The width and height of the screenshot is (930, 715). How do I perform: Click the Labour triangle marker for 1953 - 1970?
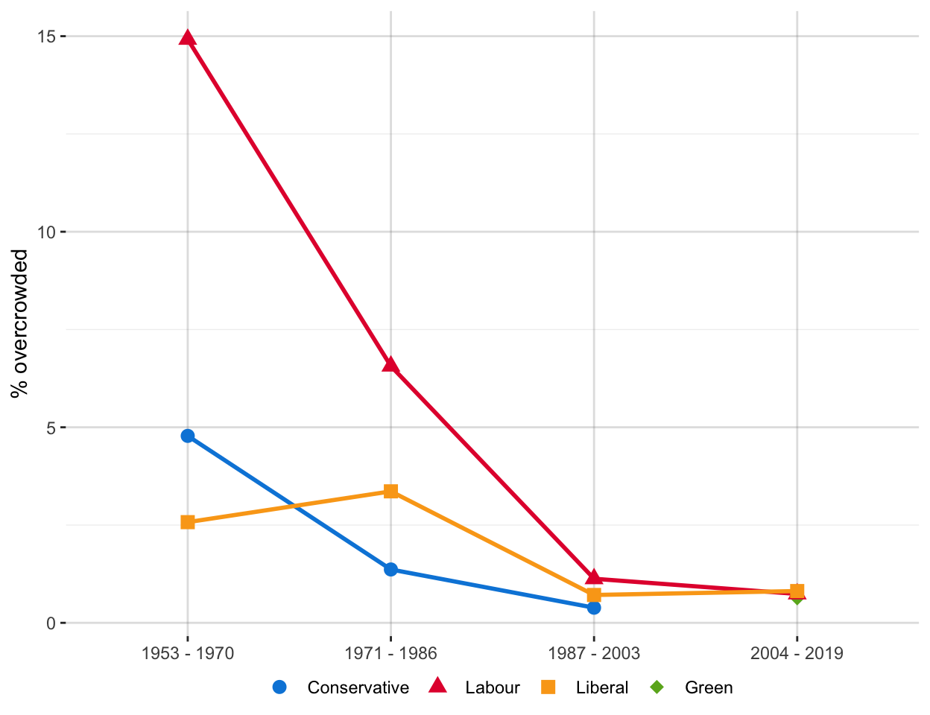pyautogui.click(x=188, y=38)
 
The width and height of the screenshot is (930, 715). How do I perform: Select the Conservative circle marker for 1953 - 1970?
pyautogui.click(x=188, y=436)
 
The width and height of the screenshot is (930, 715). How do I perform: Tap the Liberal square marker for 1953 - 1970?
pyautogui.click(x=188, y=522)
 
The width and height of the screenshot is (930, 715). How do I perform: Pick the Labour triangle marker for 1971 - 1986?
pyautogui.click(x=390, y=365)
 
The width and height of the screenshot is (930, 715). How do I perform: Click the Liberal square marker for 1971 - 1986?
pyautogui.click(x=390, y=492)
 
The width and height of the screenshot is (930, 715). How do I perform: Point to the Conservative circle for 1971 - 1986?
pyautogui.click(x=390, y=570)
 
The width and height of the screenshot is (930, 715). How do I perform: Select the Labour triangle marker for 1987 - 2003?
pyautogui.click(x=594, y=578)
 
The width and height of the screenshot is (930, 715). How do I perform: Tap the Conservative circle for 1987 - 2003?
pyautogui.click(x=594, y=608)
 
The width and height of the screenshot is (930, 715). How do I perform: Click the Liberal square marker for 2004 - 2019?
pyautogui.click(x=797, y=591)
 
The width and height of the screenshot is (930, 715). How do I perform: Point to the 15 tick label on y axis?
pyautogui.click(x=47, y=36)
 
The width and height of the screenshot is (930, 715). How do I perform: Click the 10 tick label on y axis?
pyautogui.click(x=47, y=232)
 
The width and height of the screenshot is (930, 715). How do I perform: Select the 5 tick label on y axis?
pyautogui.click(x=51, y=428)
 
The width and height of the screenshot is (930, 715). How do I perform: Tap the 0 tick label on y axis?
pyautogui.click(x=51, y=623)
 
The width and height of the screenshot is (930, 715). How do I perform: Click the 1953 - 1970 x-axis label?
pyautogui.click(x=188, y=654)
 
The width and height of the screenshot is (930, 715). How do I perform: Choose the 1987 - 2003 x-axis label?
pyautogui.click(x=594, y=654)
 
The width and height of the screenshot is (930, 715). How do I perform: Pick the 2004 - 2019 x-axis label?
pyautogui.click(x=797, y=654)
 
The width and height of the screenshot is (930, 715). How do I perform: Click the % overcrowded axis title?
pyautogui.click(x=19, y=324)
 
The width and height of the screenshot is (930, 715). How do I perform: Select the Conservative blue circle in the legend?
pyautogui.click(x=279, y=687)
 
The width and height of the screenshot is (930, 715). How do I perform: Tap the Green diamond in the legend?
pyautogui.click(x=657, y=687)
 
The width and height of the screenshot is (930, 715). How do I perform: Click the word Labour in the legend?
pyautogui.click(x=492, y=687)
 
